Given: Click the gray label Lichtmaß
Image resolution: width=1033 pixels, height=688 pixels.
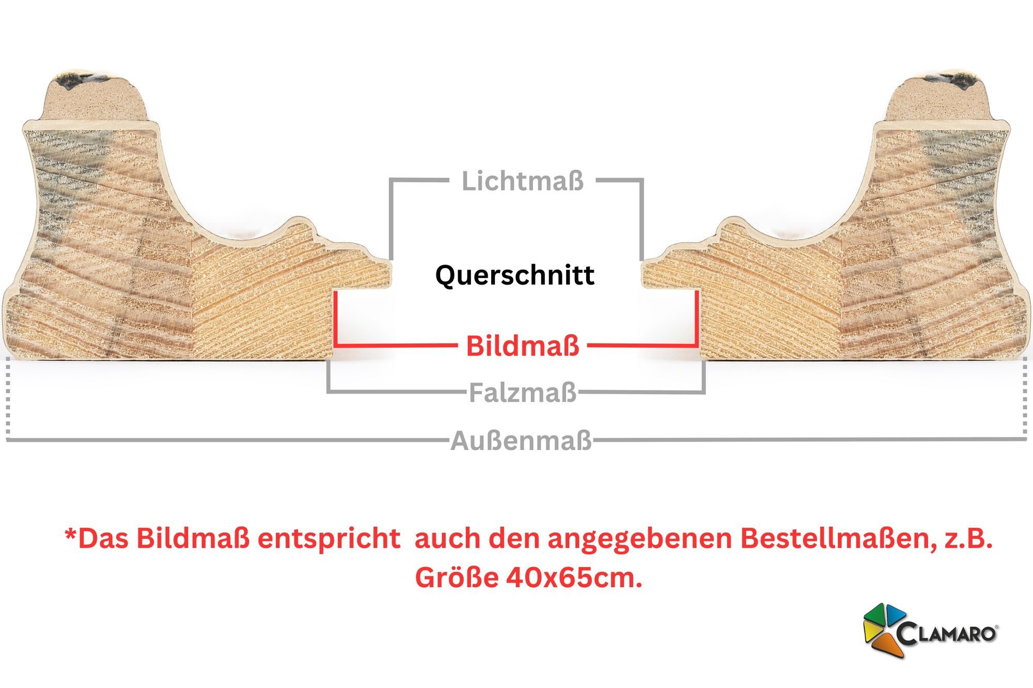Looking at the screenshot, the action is (523, 181).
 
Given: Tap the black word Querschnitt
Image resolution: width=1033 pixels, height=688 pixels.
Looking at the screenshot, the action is (515, 275).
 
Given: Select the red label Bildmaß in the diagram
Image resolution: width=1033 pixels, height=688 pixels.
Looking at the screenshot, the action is (523, 346).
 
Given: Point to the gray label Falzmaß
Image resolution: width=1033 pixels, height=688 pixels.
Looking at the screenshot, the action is (523, 393).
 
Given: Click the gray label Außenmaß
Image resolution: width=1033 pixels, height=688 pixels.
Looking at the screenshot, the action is (521, 442).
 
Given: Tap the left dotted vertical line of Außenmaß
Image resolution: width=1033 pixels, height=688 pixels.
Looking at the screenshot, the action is (8, 398).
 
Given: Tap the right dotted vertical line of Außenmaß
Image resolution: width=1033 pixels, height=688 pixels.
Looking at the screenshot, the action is (1025, 398).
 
